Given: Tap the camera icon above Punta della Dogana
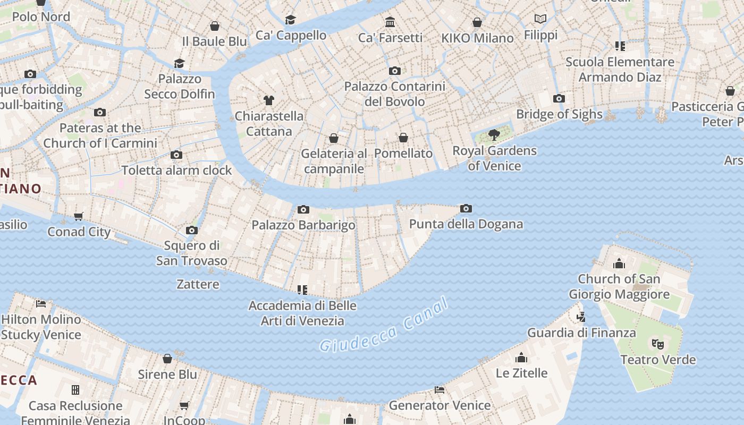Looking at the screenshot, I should tap(466, 208).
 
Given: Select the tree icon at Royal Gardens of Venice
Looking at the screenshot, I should tap(494, 134).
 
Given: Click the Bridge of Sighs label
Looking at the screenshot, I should tap(559, 114).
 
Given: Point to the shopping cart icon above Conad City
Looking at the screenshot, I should tap(79, 216).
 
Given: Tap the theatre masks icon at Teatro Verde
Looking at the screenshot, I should tap(658, 344).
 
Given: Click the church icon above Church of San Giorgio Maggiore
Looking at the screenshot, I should tap(619, 263).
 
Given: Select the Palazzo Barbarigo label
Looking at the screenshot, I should tap(303, 225).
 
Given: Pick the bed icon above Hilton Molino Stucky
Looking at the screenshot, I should tap(41, 304).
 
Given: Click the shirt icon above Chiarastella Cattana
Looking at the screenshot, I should tap(269, 100).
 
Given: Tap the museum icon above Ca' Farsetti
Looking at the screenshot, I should tap(390, 22).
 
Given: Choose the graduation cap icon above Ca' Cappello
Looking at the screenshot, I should tap(290, 20).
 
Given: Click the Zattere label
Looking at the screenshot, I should tap(198, 284).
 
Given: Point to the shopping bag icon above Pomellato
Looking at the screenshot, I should tap(403, 138).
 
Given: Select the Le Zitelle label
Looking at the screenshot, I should tap(521, 373).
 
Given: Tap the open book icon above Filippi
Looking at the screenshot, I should tap(540, 19).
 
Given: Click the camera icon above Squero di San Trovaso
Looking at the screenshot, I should tap(192, 230).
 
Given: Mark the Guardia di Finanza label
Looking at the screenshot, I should tap(581, 333).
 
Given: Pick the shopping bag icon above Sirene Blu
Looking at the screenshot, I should tap(167, 359).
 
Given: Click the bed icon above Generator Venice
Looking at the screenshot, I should tap(439, 390).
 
